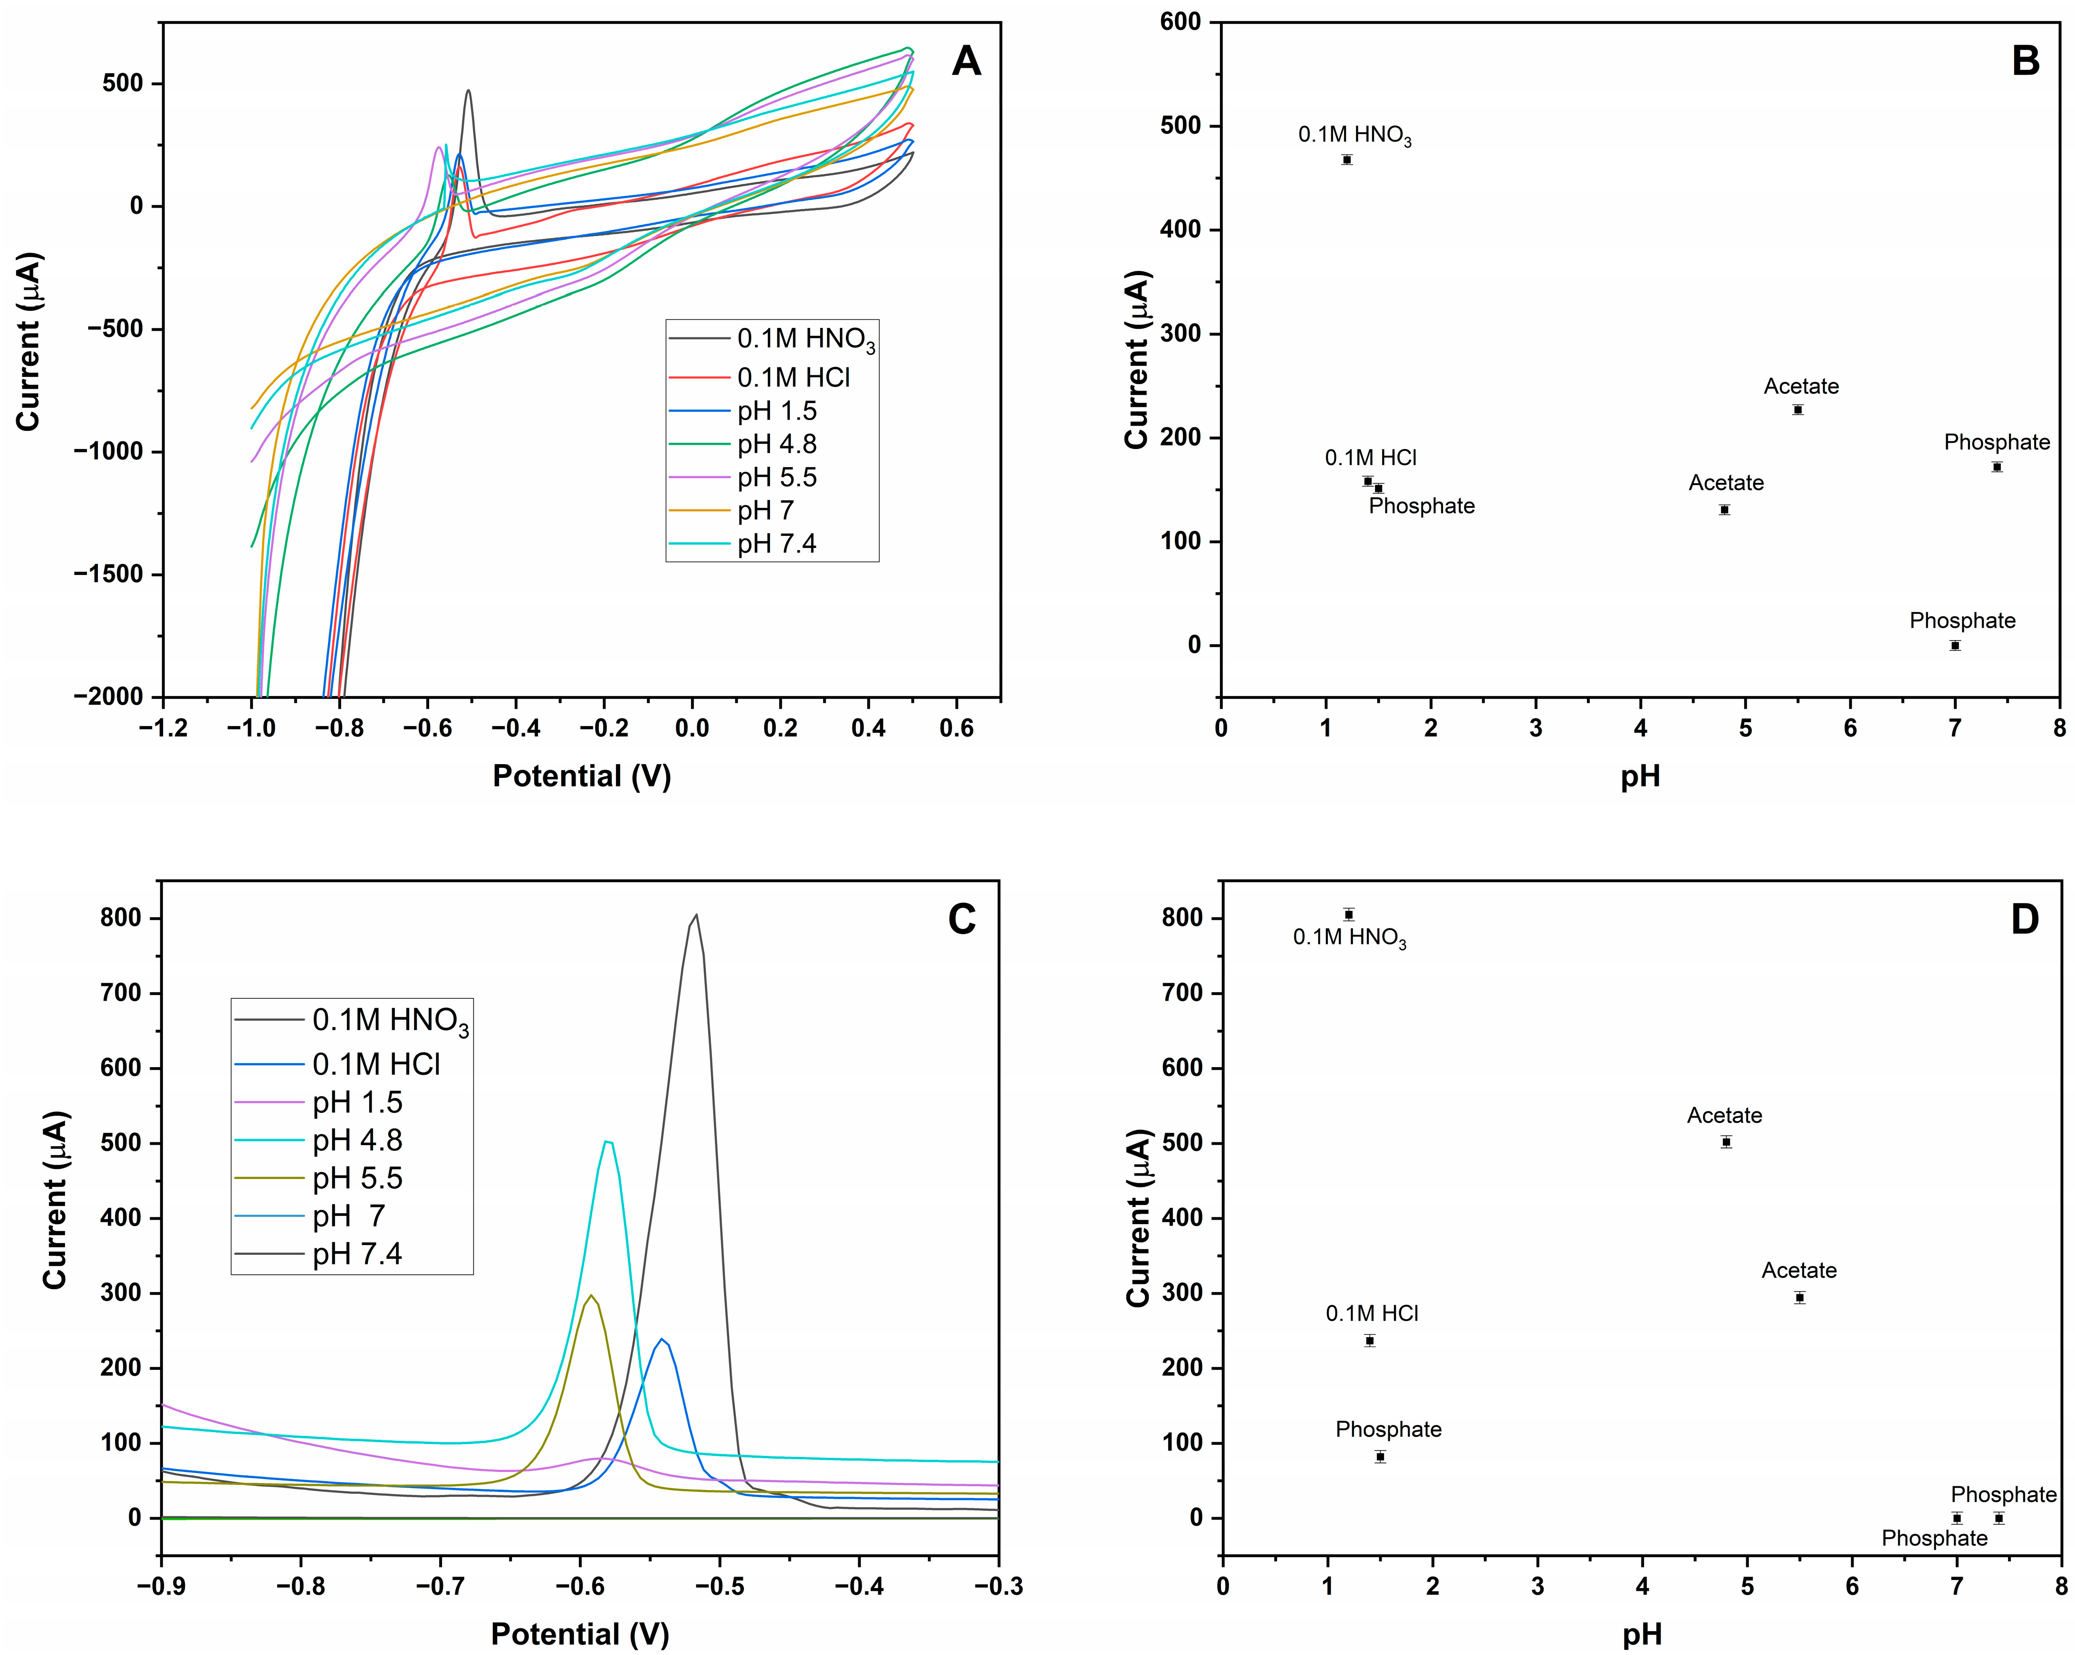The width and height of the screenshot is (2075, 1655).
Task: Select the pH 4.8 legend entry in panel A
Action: pos(776,445)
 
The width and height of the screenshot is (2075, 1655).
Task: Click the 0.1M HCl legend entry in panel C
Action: pos(375,1064)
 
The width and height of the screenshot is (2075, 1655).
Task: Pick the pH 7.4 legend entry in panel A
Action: pos(776,545)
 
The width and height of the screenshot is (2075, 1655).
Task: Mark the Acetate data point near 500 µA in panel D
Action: pos(1727,1142)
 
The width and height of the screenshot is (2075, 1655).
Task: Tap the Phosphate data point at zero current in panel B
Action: pos(1955,646)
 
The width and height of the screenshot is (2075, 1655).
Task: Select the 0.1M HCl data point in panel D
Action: pos(1370,1340)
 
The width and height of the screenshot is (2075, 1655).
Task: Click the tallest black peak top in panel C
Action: pos(696,915)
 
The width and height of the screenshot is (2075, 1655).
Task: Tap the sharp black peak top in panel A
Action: pos(469,91)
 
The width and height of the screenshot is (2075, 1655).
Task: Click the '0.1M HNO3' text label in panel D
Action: pos(1349,938)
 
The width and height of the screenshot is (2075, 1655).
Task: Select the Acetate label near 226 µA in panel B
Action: pos(1801,387)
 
